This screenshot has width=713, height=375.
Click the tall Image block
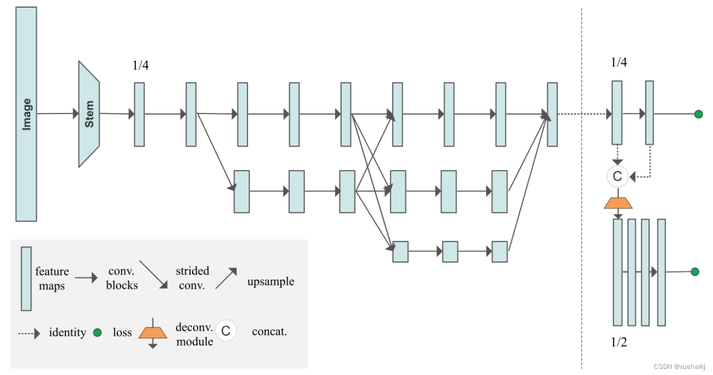26,114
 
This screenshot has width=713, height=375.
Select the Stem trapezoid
89,114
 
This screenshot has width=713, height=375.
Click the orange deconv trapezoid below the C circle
617,202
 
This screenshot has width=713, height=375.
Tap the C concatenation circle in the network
617,176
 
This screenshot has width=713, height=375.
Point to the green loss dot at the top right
698,114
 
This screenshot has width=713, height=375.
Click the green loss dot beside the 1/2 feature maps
695,272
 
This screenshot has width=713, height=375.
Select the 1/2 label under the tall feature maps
619,342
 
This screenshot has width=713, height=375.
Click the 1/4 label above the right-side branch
619,63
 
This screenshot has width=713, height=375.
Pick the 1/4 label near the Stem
140,65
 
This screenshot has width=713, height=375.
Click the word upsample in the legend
270,281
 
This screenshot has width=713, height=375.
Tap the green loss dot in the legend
98,333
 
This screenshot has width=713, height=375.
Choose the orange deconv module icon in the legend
153,333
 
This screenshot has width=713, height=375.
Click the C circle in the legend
226,331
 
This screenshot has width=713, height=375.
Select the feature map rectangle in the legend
26,278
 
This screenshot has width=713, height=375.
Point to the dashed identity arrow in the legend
29,333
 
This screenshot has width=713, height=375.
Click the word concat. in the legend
269,332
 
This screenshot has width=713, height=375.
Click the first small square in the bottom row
400,251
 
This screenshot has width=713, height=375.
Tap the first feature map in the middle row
242,191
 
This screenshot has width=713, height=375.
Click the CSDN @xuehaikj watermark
681,366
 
